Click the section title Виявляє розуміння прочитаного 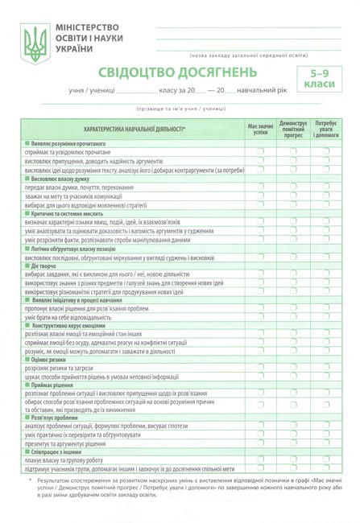(x=72, y=142)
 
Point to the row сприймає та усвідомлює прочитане (x=72, y=151)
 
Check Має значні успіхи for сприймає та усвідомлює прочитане (x=260, y=151)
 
